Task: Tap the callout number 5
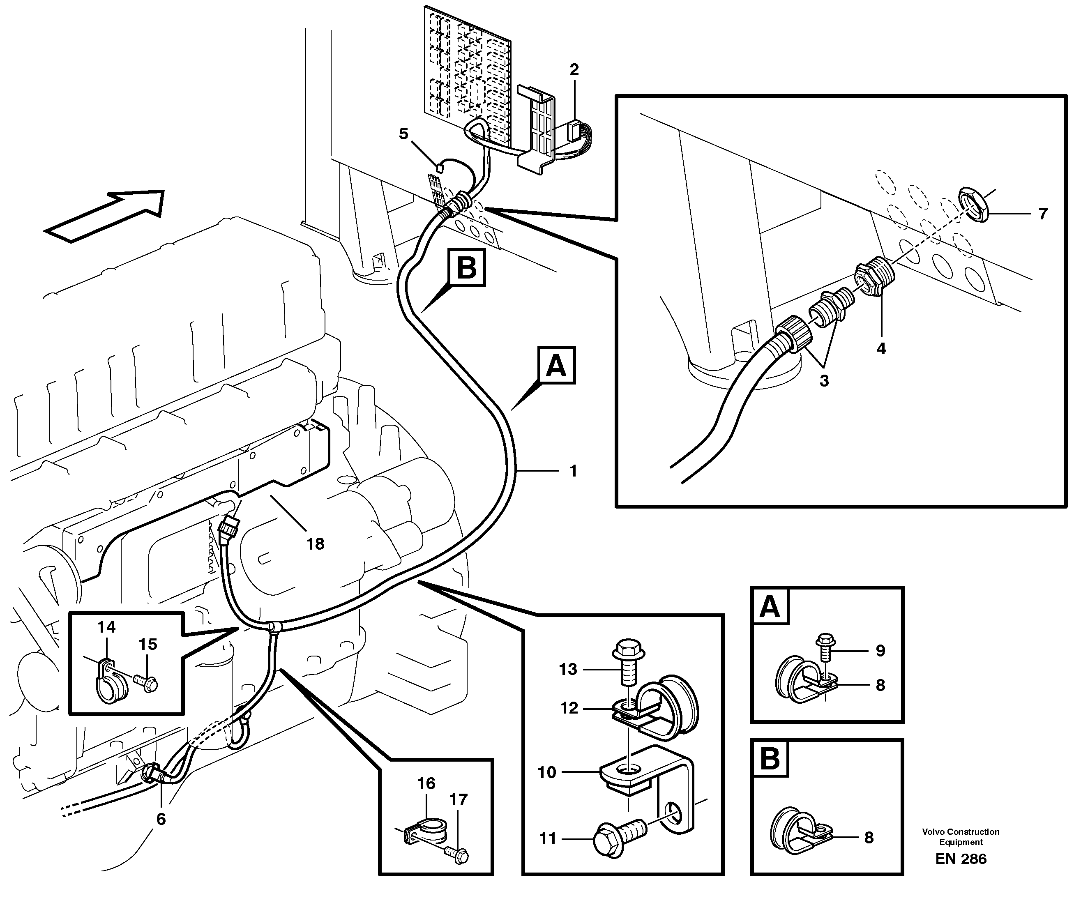403,134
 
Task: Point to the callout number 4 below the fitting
881,349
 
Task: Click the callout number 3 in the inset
824,381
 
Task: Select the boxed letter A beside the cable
556,366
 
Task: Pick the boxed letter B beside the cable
466,267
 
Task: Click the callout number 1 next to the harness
573,471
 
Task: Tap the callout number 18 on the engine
315,544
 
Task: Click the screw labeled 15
147,683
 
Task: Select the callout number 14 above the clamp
107,627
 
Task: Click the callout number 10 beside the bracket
547,772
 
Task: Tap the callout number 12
569,709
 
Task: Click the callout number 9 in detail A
880,651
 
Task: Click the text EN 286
961,859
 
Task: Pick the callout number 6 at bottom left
161,819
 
